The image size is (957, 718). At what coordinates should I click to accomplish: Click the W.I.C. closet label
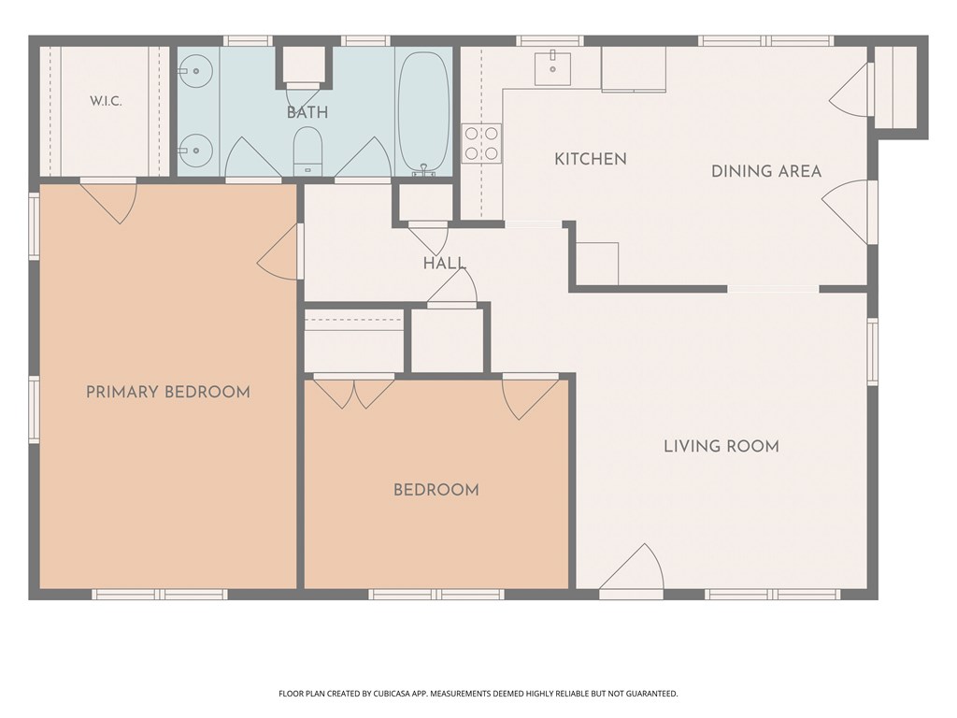(106, 101)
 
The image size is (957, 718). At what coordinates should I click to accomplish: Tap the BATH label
(307, 112)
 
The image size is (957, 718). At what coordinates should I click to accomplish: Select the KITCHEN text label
(591, 159)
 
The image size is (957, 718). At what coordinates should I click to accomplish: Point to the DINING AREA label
(766, 172)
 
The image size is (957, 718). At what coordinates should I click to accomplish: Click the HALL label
(445, 264)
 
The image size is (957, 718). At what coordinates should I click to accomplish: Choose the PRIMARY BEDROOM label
(168, 392)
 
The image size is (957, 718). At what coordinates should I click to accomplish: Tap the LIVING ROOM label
(721, 446)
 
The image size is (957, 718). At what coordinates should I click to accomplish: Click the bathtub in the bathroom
(423, 111)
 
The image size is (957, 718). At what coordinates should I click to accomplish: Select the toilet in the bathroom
(307, 151)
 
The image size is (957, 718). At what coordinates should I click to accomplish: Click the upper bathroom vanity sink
(194, 71)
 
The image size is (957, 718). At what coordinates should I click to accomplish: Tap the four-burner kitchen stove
(481, 143)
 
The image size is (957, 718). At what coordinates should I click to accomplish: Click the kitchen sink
(553, 68)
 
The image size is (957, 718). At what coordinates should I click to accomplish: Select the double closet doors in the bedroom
(354, 392)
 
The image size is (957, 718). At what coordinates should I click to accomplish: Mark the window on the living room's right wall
(873, 352)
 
